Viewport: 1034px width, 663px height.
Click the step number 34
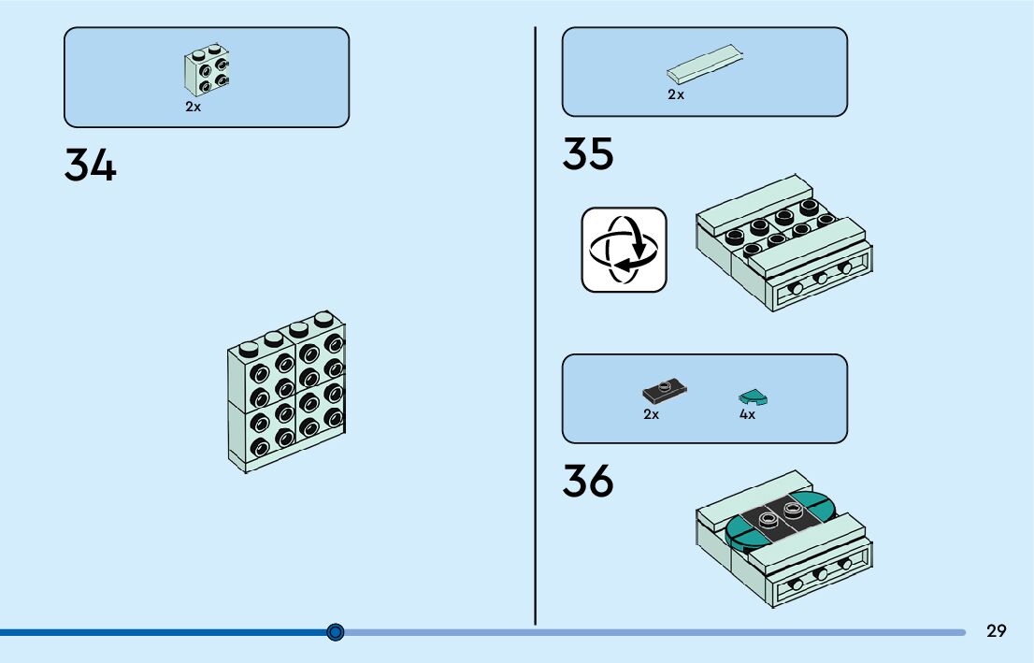(91, 166)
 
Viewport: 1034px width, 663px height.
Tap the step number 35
(588, 154)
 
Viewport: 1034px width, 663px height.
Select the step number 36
(588, 481)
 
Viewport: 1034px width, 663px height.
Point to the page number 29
(997, 631)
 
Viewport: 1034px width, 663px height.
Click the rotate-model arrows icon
(624, 250)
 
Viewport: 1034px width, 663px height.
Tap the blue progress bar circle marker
(337, 632)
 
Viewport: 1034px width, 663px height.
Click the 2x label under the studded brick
(193, 108)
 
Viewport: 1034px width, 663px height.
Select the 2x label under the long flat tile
(676, 95)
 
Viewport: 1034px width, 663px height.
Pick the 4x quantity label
(747, 414)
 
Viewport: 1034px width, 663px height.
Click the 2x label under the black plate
(651, 414)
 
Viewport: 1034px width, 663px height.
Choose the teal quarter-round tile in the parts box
(753, 396)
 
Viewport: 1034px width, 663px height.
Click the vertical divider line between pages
(535, 327)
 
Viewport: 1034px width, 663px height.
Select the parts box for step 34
(206, 77)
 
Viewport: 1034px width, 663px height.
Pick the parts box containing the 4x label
(704, 398)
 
